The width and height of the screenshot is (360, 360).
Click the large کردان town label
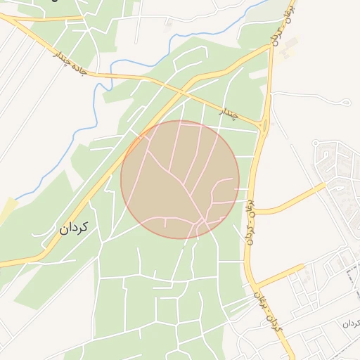tap(73, 228)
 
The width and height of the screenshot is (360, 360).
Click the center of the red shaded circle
tap(180, 179)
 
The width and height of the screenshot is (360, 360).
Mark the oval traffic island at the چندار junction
tap(264, 126)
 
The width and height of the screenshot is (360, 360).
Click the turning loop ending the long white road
tap(346, 103)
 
